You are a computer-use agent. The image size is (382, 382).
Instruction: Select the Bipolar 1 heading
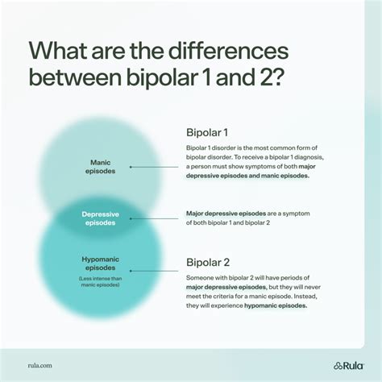point(207,131)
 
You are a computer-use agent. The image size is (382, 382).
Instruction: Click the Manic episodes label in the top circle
point(101,167)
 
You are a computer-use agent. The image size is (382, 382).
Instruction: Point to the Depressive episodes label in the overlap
point(100,218)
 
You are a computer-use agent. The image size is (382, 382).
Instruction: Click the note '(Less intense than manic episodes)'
point(101,282)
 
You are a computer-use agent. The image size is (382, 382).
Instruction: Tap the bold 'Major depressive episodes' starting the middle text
point(226,213)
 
